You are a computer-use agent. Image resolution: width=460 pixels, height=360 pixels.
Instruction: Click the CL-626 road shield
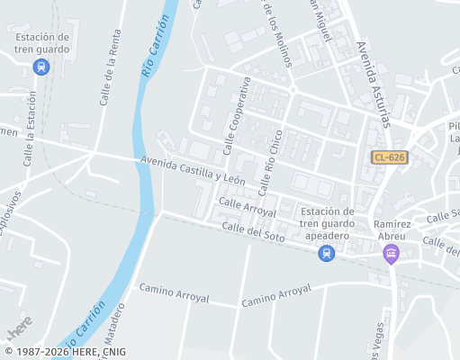(x=390, y=157)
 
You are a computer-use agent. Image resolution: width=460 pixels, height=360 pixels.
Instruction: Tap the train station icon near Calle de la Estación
(x=41, y=67)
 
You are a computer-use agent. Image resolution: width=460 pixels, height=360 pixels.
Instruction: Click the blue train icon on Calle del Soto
(x=326, y=254)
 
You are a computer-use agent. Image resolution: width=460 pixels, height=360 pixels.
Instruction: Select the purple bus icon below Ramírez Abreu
(x=391, y=255)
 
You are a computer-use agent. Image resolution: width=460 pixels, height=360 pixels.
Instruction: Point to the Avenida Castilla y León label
(x=193, y=170)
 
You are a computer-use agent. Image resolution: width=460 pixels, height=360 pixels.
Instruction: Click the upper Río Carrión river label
(x=154, y=46)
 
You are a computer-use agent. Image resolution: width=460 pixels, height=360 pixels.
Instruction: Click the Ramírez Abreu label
(x=390, y=229)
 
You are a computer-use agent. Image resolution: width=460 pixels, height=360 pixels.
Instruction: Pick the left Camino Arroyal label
(x=173, y=292)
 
